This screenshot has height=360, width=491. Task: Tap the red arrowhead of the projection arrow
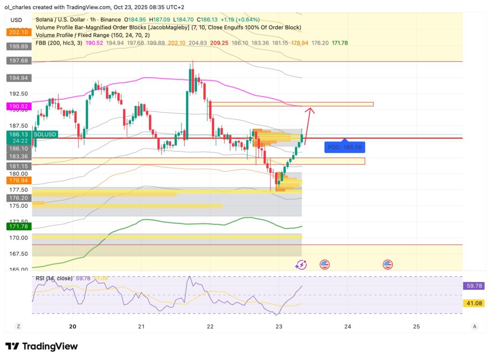tap(310, 110)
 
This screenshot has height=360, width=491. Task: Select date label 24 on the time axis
tap(348, 326)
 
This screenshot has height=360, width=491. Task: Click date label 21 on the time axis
tap(141, 326)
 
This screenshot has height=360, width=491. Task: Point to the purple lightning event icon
tap(301, 264)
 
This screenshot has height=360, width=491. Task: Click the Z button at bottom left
tap(18, 326)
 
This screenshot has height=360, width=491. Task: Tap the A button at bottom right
tap(474, 326)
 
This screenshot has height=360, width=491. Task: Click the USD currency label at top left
tap(16, 20)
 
